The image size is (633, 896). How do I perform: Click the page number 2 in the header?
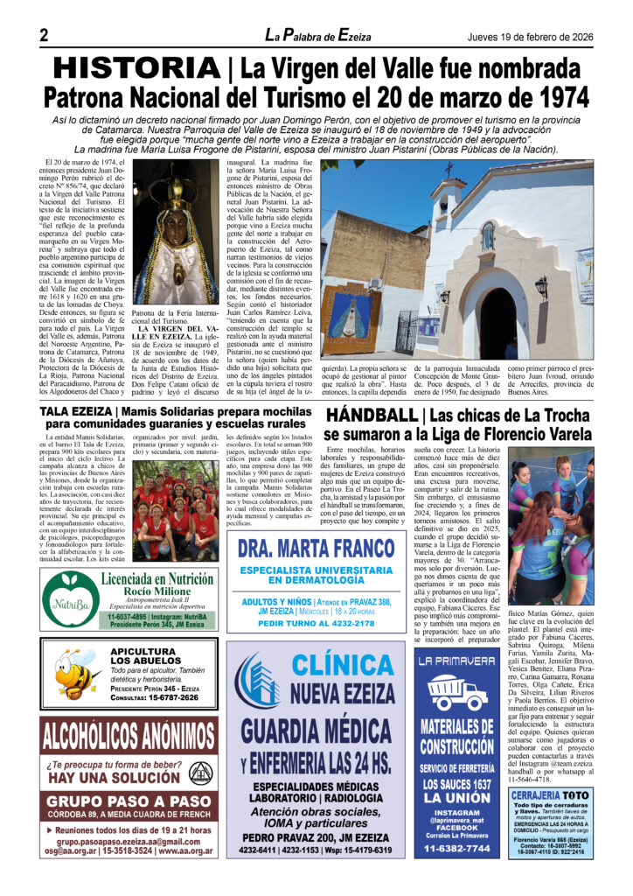44,36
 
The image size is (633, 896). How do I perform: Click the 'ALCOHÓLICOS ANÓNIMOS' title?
129,738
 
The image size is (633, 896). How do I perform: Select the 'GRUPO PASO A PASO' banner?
129,800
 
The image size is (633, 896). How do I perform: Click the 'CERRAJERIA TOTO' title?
553,794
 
